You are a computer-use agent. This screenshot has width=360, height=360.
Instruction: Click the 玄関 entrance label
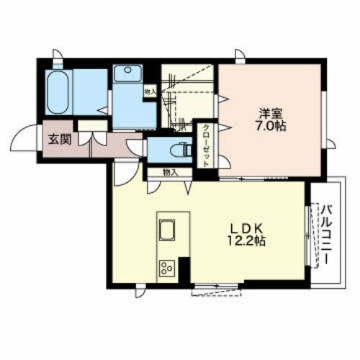tap(60, 140)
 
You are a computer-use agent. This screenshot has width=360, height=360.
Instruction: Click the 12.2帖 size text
tap(246, 241)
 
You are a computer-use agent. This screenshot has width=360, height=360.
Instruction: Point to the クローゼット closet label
tap(206, 145)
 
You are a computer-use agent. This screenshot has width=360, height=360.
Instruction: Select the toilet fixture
tap(181, 150)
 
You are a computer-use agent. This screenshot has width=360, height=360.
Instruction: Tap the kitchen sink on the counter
tap(167, 230)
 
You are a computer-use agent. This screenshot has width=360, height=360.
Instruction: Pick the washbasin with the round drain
tap(128, 73)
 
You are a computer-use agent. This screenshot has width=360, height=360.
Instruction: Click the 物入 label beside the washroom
tap(150, 91)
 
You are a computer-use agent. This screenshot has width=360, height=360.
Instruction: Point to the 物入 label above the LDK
tap(170, 172)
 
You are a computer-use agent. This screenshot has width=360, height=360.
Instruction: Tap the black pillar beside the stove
tap(184, 271)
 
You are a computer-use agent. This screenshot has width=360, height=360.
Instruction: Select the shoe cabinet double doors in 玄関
tap(92, 138)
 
